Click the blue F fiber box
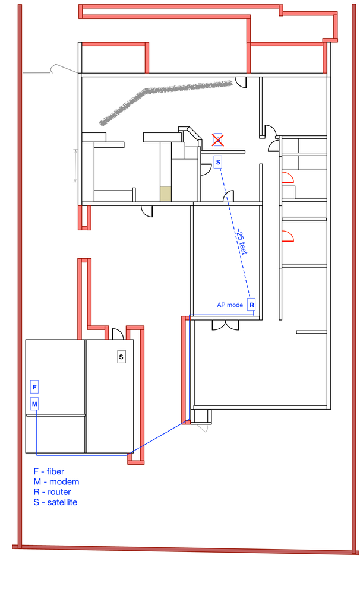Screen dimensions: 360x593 (x=34, y=387)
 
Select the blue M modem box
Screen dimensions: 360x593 (x=34, y=404)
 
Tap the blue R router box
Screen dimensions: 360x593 (x=251, y=305)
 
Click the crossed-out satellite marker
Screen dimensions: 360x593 (x=217, y=140)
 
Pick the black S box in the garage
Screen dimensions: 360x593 (x=121, y=357)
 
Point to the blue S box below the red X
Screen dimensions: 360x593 (x=217, y=162)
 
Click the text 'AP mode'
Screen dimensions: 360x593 (x=230, y=305)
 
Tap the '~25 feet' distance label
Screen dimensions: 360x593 (x=242, y=241)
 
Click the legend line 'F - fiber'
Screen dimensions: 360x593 (x=49, y=471)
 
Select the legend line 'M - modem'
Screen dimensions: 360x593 (x=56, y=481)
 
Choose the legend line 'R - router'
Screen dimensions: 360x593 (x=52, y=491)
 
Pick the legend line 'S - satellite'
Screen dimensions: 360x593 (x=55, y=502)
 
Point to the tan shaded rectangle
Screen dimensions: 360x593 (x=165, y=194)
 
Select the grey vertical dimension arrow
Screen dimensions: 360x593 (x=75, y=166)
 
